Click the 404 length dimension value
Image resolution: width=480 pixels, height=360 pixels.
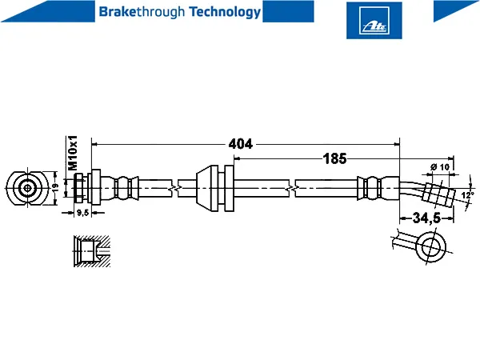(241, 144)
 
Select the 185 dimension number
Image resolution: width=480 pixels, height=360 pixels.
(334, 158)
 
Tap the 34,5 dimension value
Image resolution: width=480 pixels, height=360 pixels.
(426, 218)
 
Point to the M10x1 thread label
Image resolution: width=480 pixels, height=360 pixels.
(73, 153)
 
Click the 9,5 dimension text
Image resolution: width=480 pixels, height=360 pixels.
(82, 213)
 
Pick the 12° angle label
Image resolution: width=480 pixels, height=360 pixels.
(467, 195)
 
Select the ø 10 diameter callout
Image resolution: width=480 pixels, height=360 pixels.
(439, 167)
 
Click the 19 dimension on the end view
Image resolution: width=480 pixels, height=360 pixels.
(55, 187)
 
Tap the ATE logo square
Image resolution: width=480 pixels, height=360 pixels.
(374, 21)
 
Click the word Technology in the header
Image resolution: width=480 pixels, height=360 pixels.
(225, 12)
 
